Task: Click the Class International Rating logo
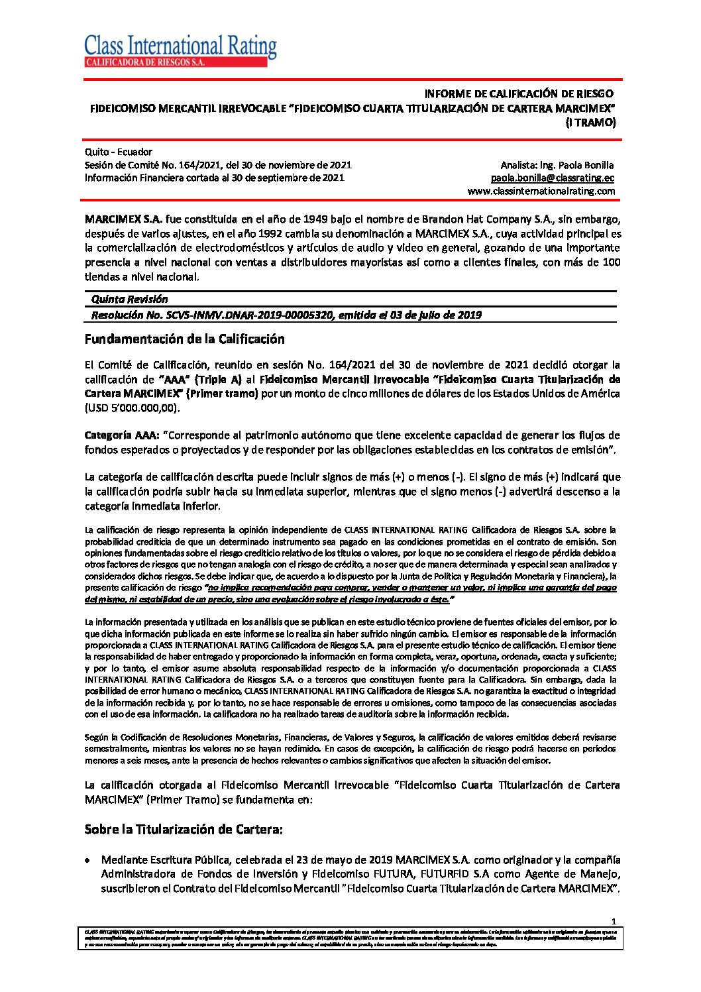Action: tap(180, 50)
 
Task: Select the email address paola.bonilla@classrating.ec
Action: tap(552, 178)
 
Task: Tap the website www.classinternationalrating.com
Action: tap(541, 192)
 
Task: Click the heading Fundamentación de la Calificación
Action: tap(184, 339)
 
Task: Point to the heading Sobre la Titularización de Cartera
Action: tap(184, 830)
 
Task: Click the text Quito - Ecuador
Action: tap(118, 152)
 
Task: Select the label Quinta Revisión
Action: tap(129, 300)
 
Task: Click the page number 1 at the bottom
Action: tap(614, 921)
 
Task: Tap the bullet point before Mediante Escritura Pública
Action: tap(88, 860)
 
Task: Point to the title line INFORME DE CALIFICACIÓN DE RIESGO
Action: tap(518, 93)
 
